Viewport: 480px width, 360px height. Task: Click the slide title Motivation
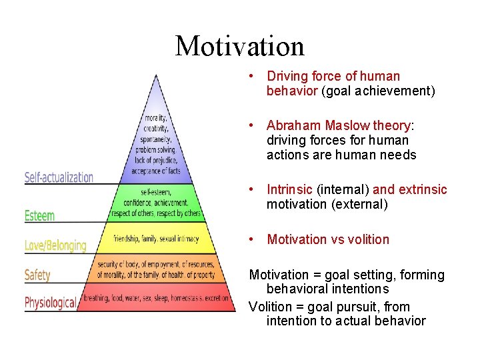(x=239, y=46)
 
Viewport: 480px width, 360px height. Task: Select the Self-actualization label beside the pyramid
(x=59, y=177)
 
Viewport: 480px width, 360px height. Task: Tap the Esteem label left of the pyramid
(x=39, y=216)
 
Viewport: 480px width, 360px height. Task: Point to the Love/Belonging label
(x=55, y=245)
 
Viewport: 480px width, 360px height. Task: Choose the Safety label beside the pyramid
(x=37, y=275)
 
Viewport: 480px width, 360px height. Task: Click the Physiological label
(x=50, y=303)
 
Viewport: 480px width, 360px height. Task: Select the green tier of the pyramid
(x=156, y=203)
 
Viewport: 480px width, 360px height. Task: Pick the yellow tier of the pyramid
(x=156, y=238)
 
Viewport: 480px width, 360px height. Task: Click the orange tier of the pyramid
(x=156, y=270)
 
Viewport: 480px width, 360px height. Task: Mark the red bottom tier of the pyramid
(x=156, y=299)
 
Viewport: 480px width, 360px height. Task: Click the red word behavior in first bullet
(x=292, y=91)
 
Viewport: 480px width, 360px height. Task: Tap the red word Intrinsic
(x=290, y=190)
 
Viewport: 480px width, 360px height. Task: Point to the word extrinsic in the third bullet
(x=423, y=190)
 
